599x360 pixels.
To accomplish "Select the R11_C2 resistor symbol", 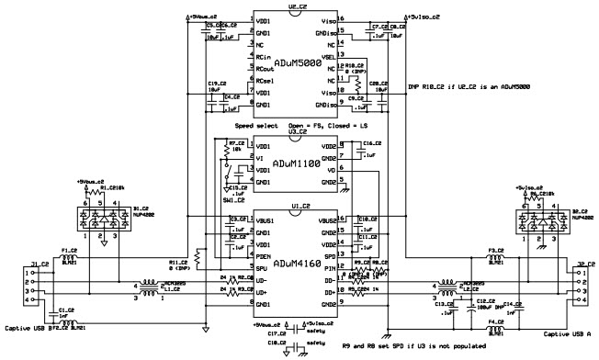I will click(x=197, y=254).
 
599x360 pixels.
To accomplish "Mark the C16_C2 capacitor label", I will click(x=370, y=143).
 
